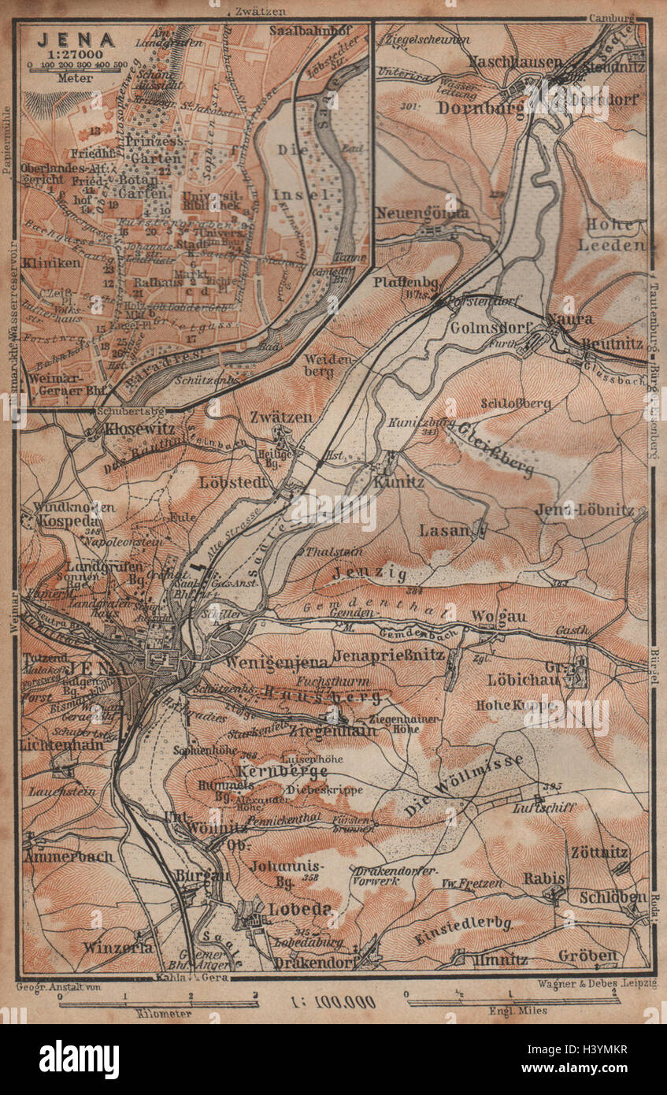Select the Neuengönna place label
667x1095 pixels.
point(422,213)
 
